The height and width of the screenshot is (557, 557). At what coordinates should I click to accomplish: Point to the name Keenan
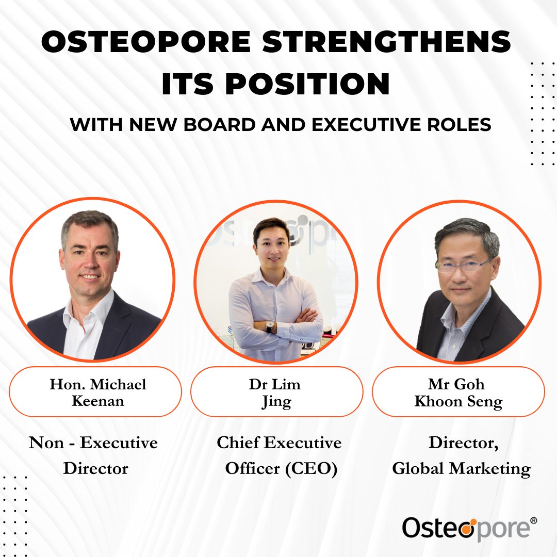(x=98, y=401)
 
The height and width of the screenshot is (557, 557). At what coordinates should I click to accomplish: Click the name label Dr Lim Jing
(x=277, y=392)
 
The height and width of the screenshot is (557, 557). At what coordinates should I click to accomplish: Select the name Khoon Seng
(x=458, y=401)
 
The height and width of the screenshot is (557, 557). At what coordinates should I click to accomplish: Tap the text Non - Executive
(x=93, y=443)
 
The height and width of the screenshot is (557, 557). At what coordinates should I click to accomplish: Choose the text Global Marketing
(x=461, y=469)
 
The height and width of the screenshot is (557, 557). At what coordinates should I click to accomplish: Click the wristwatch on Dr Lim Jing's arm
(x=269, y=326)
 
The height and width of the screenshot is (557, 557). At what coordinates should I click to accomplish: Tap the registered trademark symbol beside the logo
(x=533, y=521)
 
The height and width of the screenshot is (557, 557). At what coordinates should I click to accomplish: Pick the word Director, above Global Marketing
(x=463, y=443)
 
